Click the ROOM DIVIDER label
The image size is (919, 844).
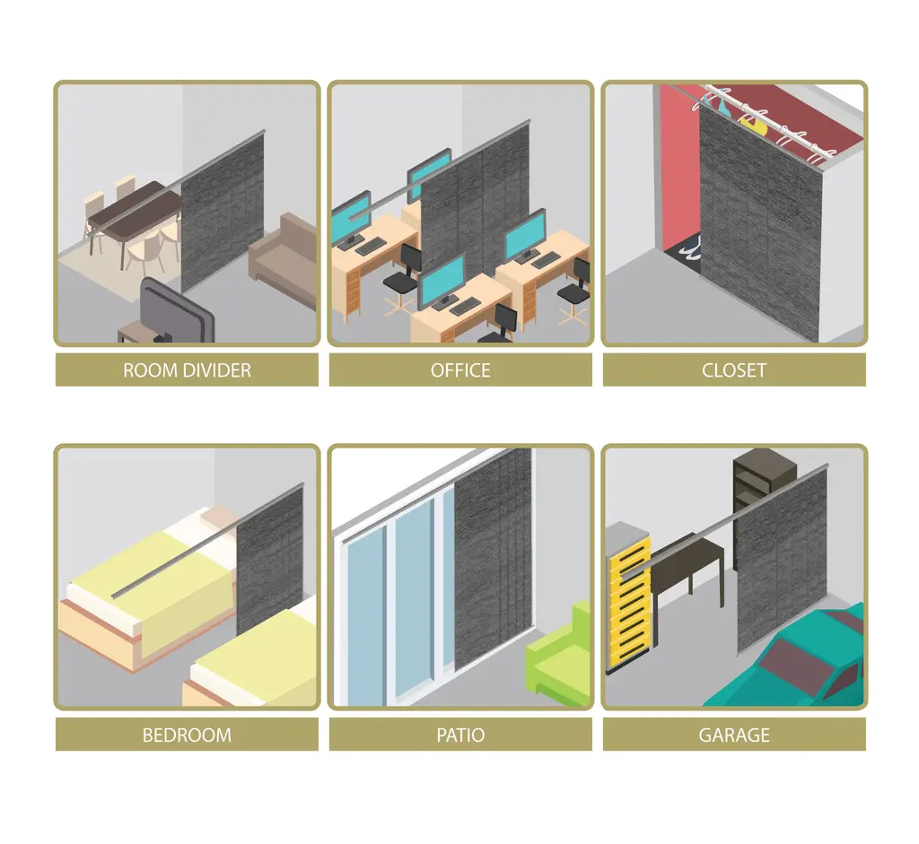click(x=187, y=370)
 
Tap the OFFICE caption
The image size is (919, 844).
click(x=460, y=370)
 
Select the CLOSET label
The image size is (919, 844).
click(x=734, y=370)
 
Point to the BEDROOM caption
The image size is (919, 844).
click(x=187, y=735)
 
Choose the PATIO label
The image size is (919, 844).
click(x=460, y=735)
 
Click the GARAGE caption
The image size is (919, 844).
click(x=734, y=735)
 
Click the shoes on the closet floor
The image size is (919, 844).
click(x=690, y=246)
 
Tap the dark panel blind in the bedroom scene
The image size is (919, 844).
click(x=269, y=562)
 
